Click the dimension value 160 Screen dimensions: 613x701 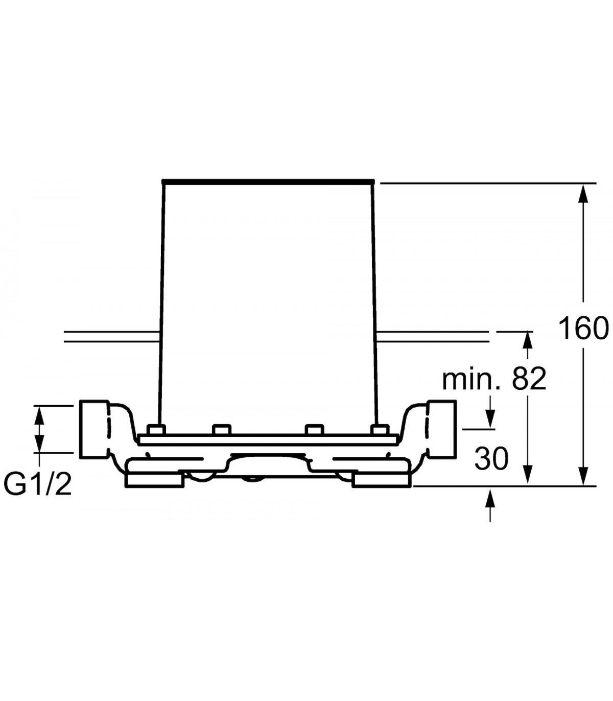(583, 328)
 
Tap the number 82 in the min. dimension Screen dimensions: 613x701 (528, 379)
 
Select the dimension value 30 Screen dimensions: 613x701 (491, 459)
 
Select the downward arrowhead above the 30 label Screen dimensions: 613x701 (490, 418)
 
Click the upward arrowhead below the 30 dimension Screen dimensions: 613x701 (490, 500)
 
